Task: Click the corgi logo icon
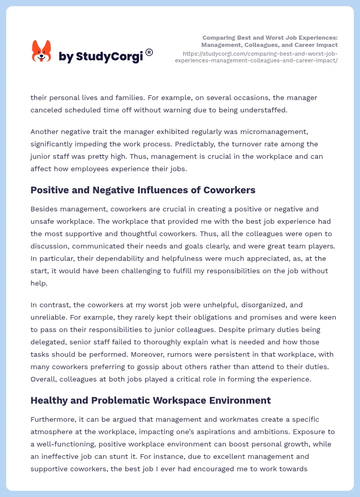tap(41, 51)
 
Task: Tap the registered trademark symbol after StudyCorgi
tap(149, 52)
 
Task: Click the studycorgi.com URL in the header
tap(256, 57)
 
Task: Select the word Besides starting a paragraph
tap(45, 209)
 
